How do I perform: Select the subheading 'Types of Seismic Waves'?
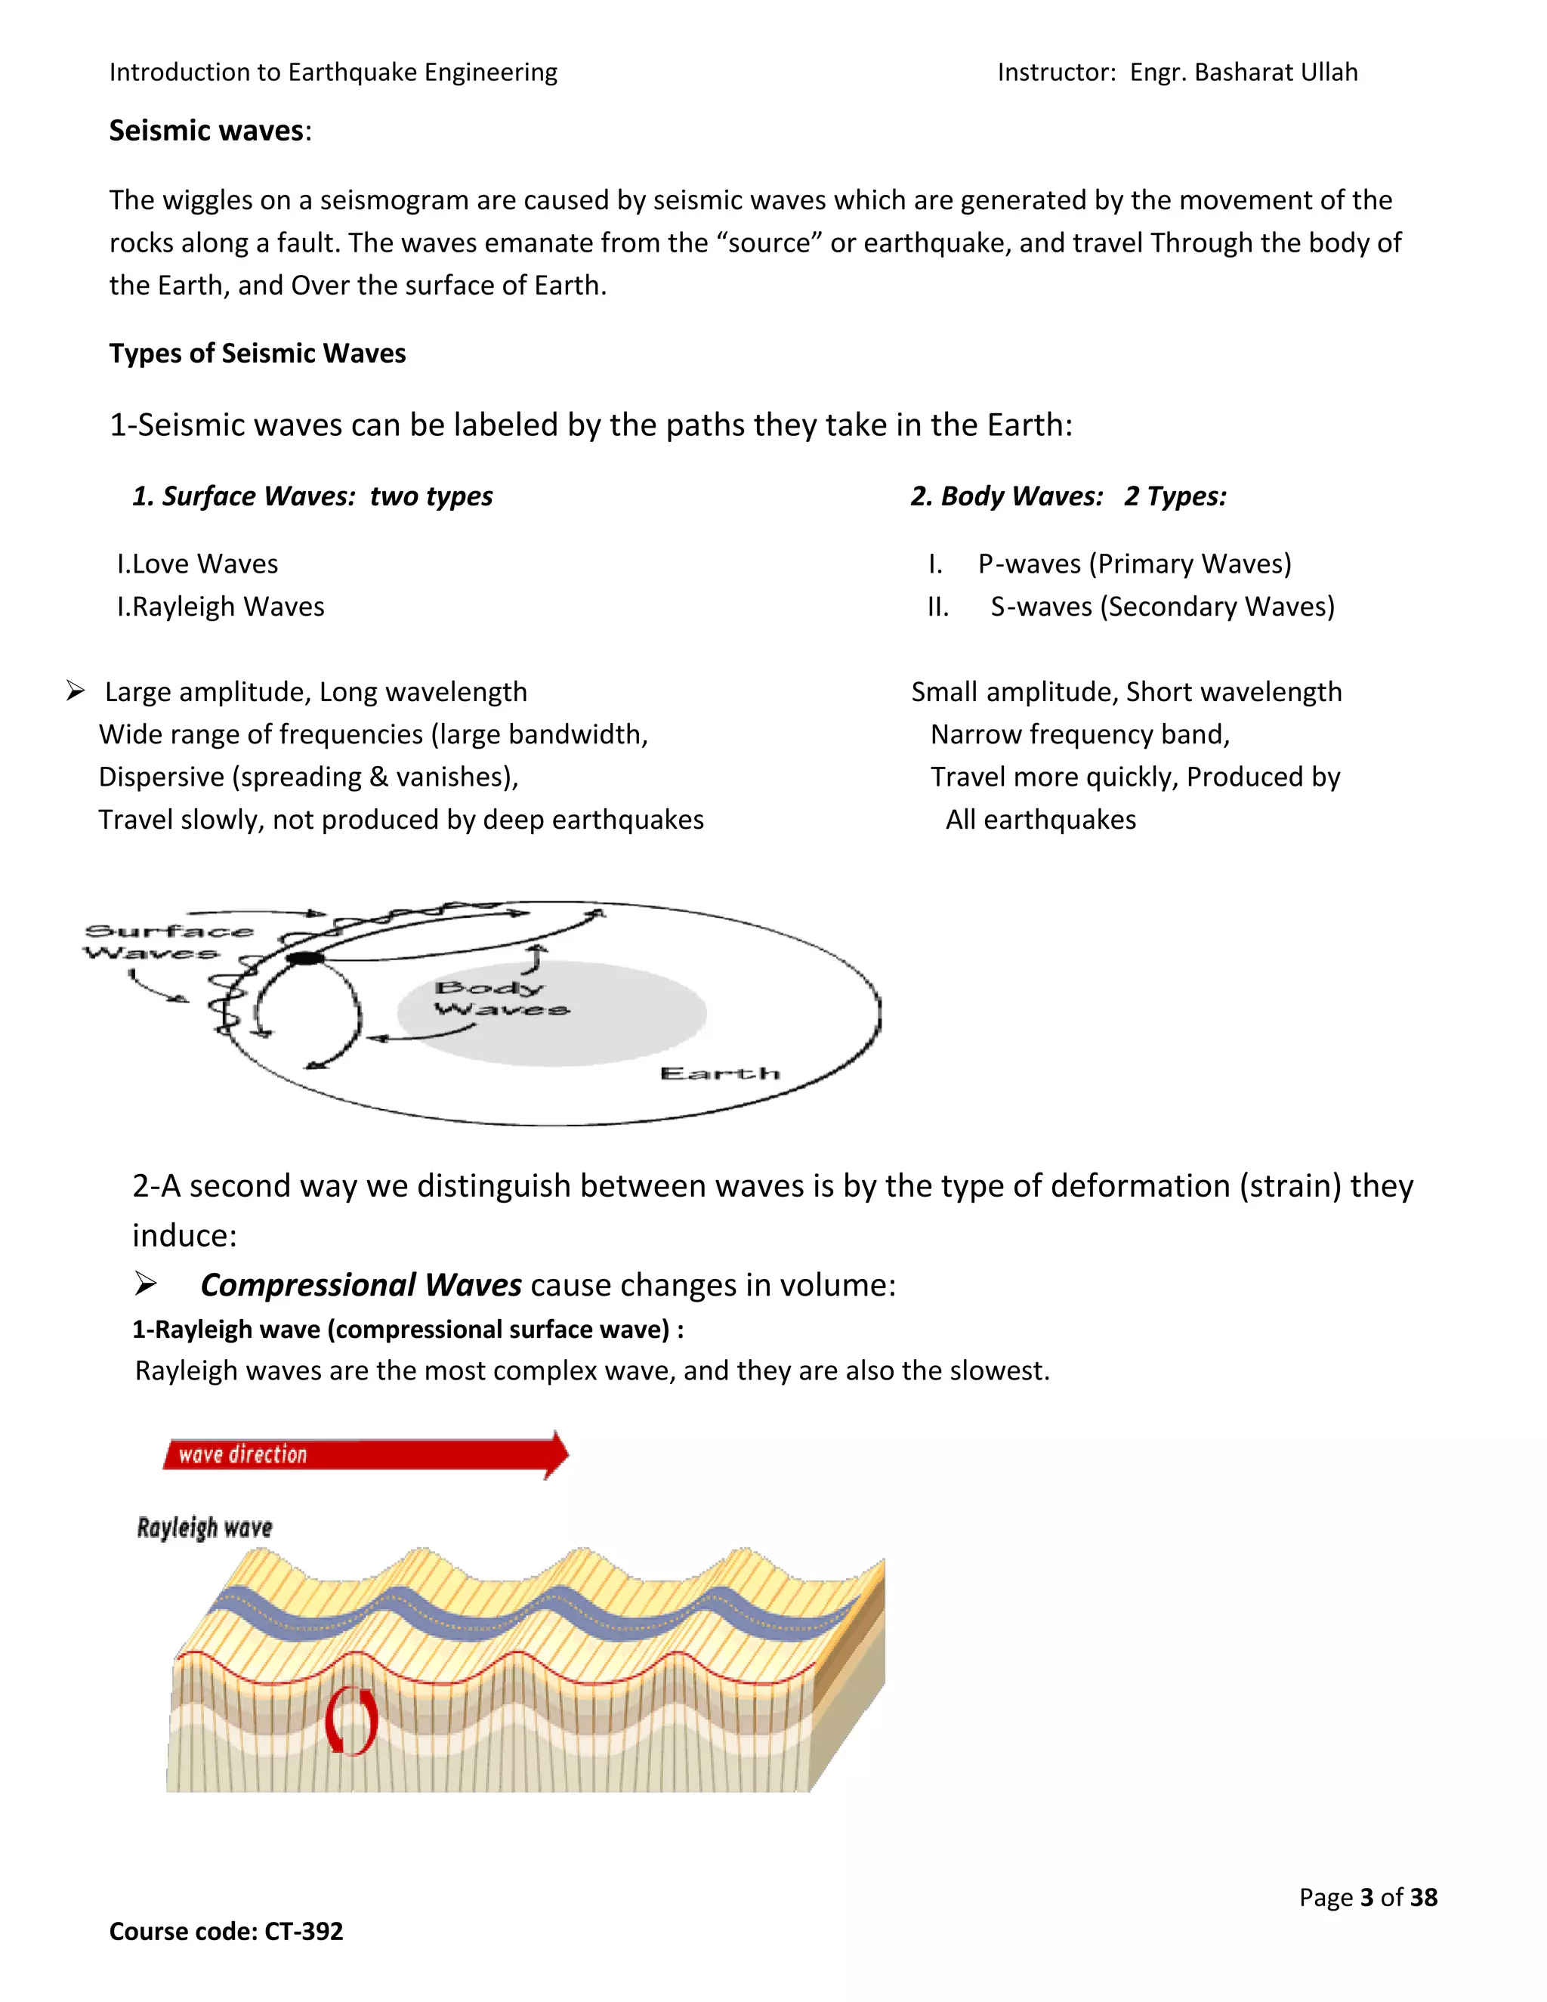[x=258, y=354]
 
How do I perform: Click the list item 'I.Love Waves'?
[x=197, y=564]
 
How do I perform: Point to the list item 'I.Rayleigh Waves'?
[x=220, y=607]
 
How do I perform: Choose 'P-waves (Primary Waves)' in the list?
[x=1134, y=564]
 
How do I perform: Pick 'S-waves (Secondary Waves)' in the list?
[x=1161, y=607]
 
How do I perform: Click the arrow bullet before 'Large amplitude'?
[x=76, y=691]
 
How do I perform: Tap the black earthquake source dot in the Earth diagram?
[x=305, y=958]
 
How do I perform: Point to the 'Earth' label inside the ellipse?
[x=719, y=1074]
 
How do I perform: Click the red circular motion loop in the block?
[x=351, y=1720]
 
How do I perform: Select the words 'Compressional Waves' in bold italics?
[x=361, y=1285]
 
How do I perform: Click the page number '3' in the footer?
[x=1366, y=1898]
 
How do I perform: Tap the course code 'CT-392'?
[x=304, y=1932]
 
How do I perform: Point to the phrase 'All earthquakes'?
[x=1040, y=820]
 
